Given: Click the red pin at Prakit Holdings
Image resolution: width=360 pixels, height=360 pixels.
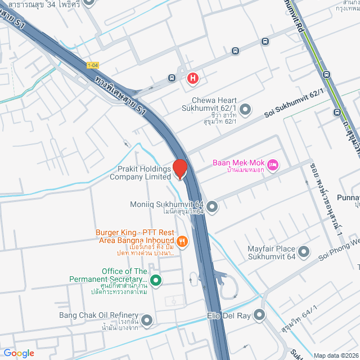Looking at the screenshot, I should [x=179, y=169].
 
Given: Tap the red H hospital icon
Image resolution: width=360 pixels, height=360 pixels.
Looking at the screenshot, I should [x=192, y=78].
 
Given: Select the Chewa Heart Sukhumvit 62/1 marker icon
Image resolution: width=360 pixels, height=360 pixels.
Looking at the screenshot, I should [x=245, y=109].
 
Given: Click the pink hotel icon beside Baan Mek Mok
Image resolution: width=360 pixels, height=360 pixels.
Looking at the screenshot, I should [x=273, y=164].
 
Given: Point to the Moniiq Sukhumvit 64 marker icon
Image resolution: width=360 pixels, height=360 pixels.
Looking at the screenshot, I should [x=212, y=207].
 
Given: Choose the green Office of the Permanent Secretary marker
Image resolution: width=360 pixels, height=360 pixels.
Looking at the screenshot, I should [x=156, y=280].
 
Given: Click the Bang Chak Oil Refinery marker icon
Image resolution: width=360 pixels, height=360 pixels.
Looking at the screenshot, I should [x=147, y=321].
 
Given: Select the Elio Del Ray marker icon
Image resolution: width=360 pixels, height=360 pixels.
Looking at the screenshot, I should [x=259, y=315].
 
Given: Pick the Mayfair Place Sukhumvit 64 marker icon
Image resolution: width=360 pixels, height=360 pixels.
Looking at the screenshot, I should [x=304, y=251].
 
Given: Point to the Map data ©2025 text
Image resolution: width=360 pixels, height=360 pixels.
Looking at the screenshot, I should [x=335, y=355].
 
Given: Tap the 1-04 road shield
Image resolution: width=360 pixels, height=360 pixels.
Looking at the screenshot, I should [x=93, y=65].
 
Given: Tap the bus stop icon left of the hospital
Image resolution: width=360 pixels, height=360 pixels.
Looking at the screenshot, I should [x=172, y=78].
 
